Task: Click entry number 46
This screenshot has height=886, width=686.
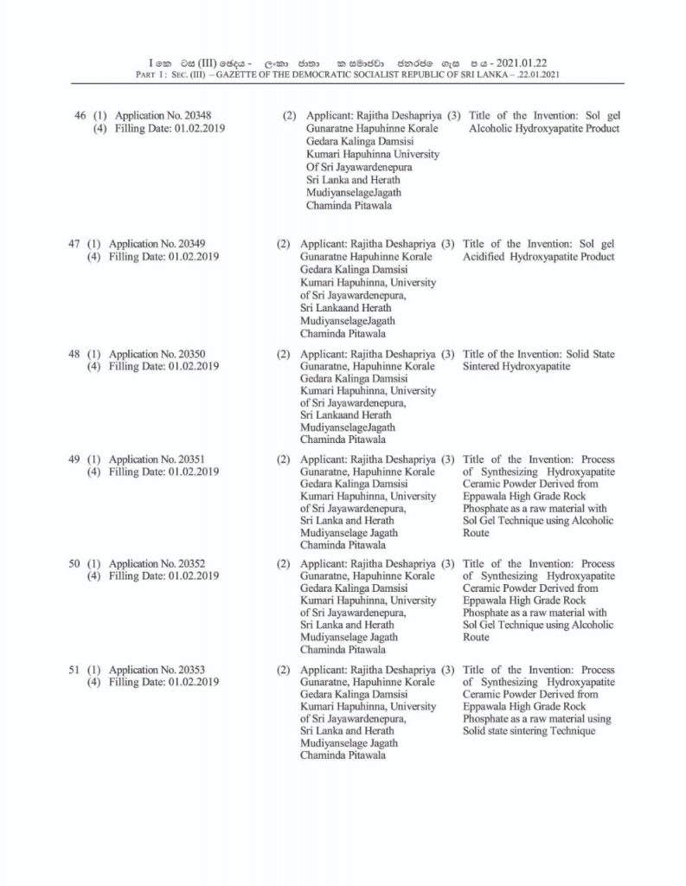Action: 80,115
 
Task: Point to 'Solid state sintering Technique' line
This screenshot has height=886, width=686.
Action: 529,732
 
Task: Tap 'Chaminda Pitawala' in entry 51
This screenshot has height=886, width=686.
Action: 343,755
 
